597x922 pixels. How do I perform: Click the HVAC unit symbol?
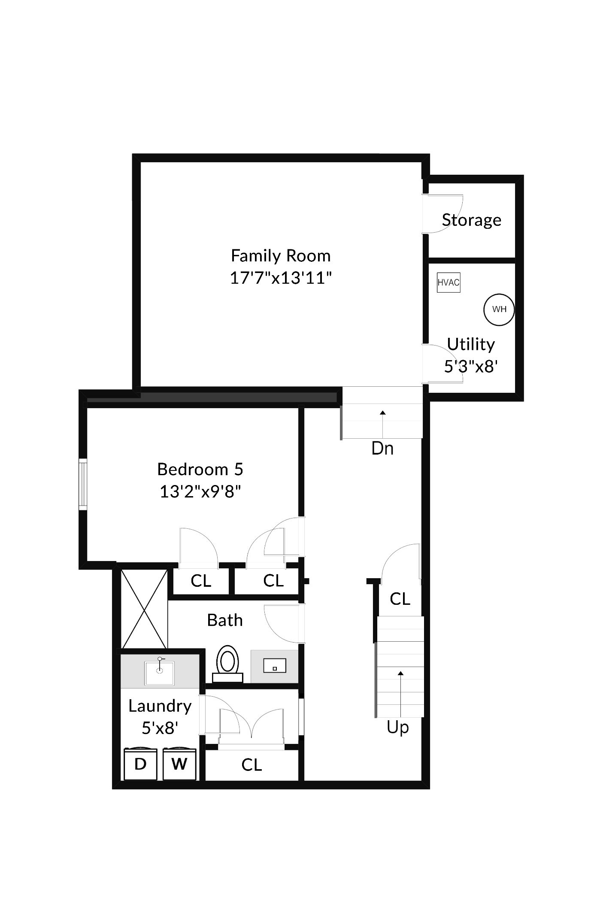tap(449, 282)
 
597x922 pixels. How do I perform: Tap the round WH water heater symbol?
tap(499, 309)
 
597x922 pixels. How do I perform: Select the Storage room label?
tap(472, 220)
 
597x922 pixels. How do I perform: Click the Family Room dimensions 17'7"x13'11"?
tap(281, 278)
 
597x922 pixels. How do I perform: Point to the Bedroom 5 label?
tap(200, 469)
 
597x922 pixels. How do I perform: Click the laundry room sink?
tap(160, 673)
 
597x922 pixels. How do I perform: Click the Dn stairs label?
tap(382, 449)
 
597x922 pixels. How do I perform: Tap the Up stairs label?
tap(398, 727)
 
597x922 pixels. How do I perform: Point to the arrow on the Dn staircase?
tap(383, 423)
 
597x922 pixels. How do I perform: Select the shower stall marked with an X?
tap(144, 609)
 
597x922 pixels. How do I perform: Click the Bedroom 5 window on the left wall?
tap(83, 484)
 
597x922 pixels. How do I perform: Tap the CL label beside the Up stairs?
tap(400, 599)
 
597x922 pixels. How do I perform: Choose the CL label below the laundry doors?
tap(252, 764)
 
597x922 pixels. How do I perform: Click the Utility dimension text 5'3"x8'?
tap(471, 367)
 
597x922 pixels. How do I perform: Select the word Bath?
tap(225, 620)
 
